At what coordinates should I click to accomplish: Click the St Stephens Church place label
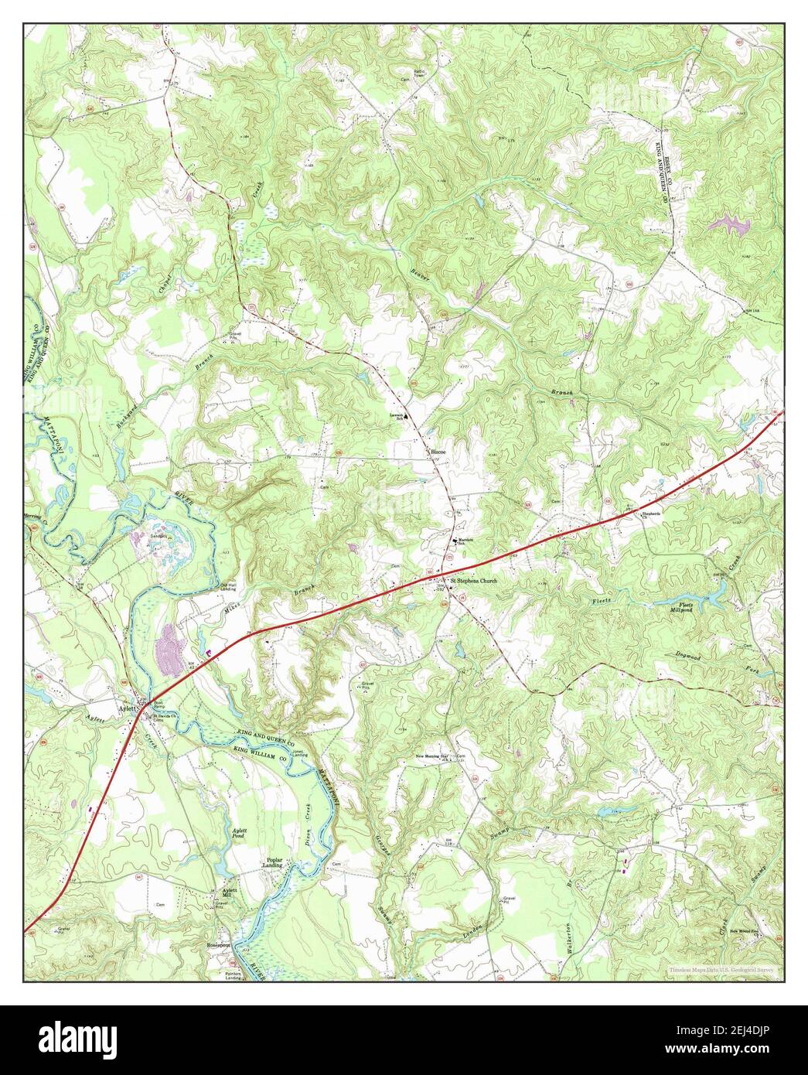[473, 580]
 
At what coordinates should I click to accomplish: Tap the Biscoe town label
[439, 449]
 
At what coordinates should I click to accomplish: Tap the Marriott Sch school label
[464, 542]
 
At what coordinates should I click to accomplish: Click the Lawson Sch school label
[397, 416]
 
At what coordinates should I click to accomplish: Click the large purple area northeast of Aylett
[167, 641]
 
